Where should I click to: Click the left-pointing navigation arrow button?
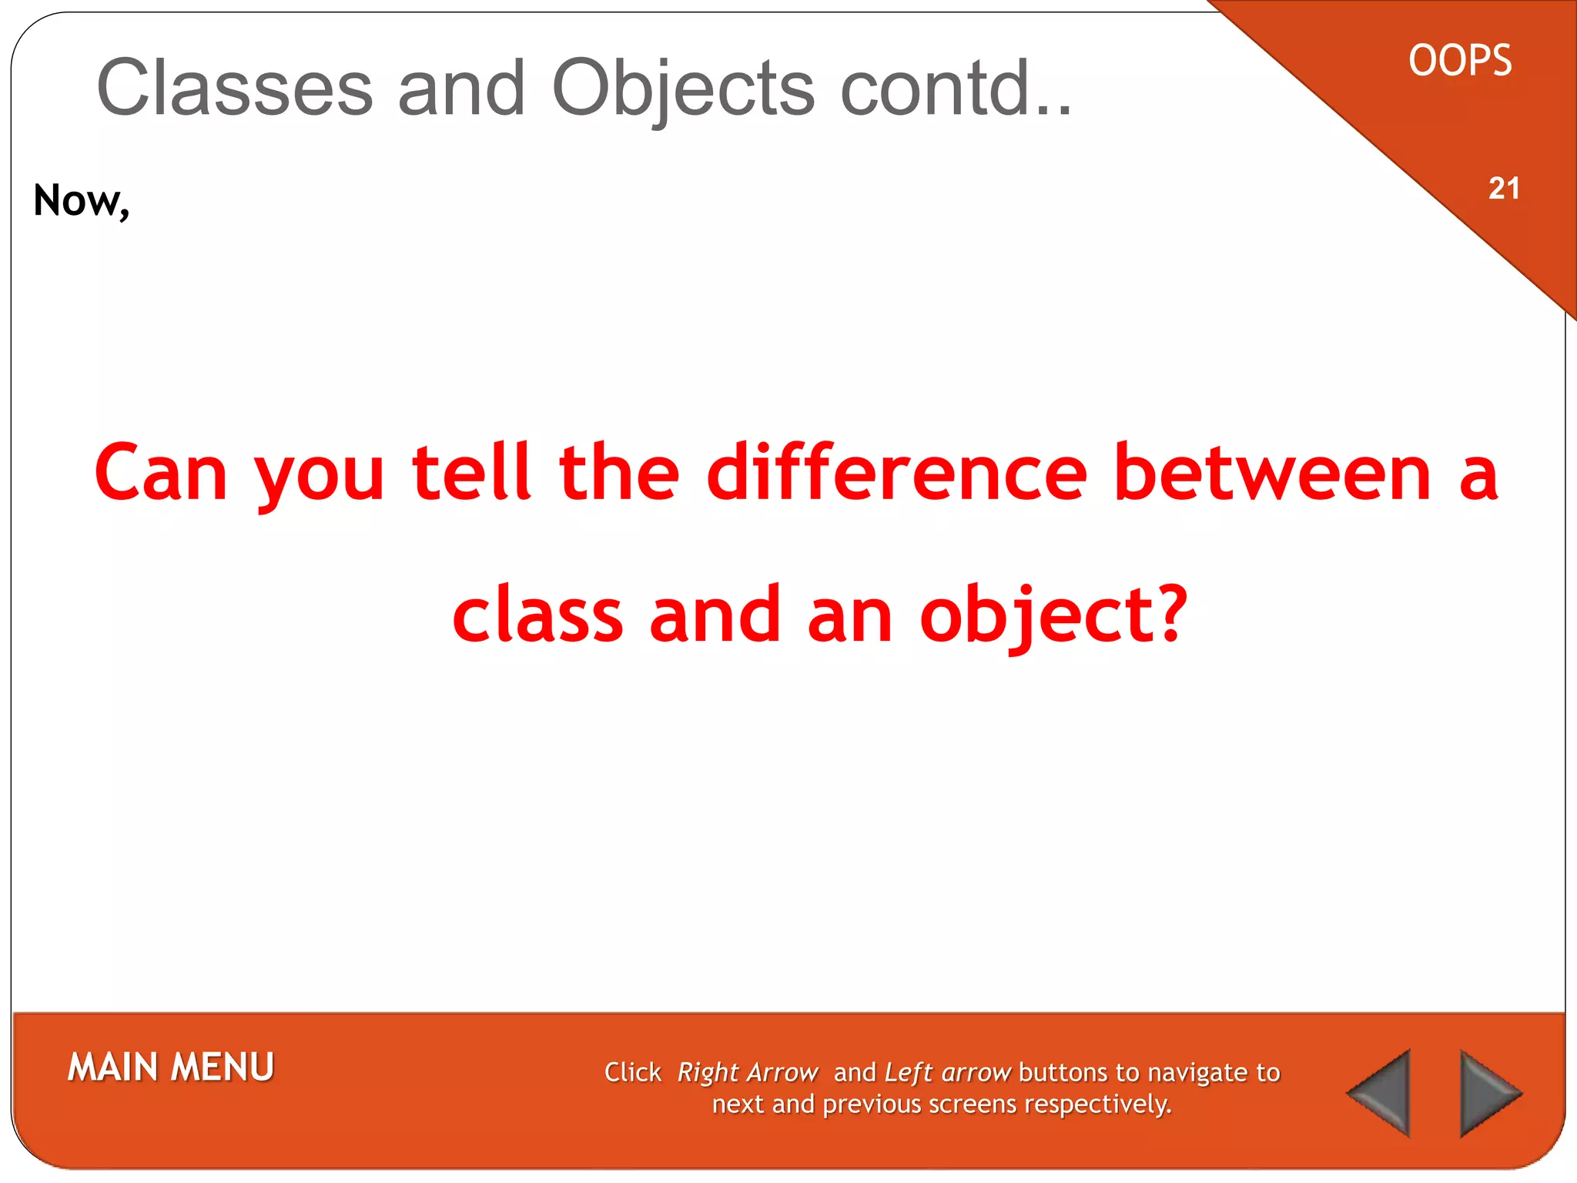pos(1383,1093)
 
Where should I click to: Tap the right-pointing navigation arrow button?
pos(1488,1093)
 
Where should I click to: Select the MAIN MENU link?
pos(171,1067)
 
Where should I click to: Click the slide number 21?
pos(1504,189)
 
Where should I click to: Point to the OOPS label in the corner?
pos(1460,61)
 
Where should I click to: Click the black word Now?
pos(82,201)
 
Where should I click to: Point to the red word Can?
pos(161,472)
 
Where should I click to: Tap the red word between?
pos(1272,472)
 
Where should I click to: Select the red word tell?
pos(471,472)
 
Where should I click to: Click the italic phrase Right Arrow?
pos(747,1072)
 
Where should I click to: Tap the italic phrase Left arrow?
pos(947,1072)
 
